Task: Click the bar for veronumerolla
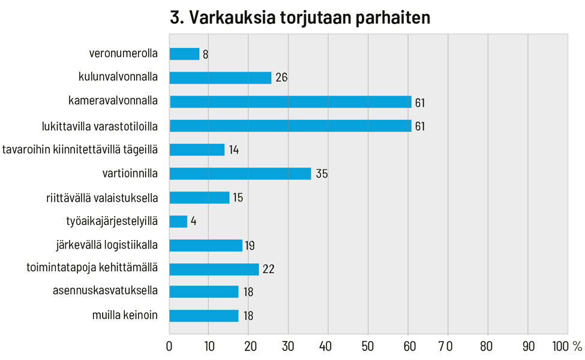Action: tap(184, 54)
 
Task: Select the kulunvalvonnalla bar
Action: tap(220, 78)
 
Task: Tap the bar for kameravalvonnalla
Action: tap(290, 102)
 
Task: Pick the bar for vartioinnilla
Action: tap(240, 174)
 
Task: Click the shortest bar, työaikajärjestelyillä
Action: tap(178, 222)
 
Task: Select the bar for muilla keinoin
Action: tap(203, 316)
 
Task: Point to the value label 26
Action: tap(281, 78)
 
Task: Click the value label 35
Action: tap(322, 174)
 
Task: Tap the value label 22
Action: tap(268, 269)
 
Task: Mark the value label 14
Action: tap(233, 150)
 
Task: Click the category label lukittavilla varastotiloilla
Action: tap(100, 125)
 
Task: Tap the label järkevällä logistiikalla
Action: tap(106, 244)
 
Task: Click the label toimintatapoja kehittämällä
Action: tap(92, 268)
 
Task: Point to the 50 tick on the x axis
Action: tap(368, 346)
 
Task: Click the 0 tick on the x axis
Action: tap(169, 346)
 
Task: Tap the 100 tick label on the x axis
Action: tap(559, 346)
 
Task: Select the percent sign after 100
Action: tap(577, 346)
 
